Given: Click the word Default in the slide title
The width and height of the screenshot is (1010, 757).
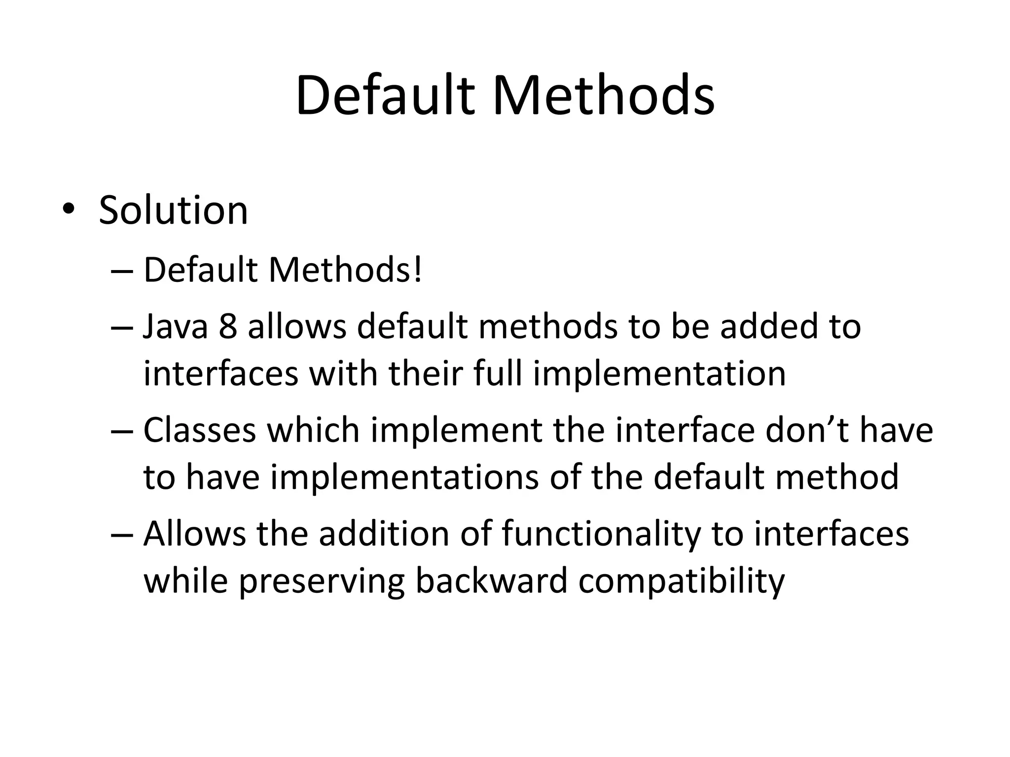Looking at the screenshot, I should pyautogui.click(x=385, y=96).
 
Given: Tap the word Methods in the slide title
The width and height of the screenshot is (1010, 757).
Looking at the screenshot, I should pyautogui.click(x=603, y=96).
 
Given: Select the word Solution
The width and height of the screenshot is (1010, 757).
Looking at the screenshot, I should pyautogui.click(x=173, y=211).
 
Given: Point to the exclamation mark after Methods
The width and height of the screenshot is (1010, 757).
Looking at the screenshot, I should pyautogui.click(x=418, y=271).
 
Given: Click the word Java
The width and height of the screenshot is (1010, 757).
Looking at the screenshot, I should pyautogui.click(x=176, y=327).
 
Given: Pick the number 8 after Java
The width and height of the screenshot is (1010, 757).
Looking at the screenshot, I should pyautogui.click(x=228, y=327).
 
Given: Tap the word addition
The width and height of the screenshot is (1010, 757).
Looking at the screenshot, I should pyautogui.click(x=384, y=534).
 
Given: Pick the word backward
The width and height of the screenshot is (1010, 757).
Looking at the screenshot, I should pyautogui.click(x=492, y=581).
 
